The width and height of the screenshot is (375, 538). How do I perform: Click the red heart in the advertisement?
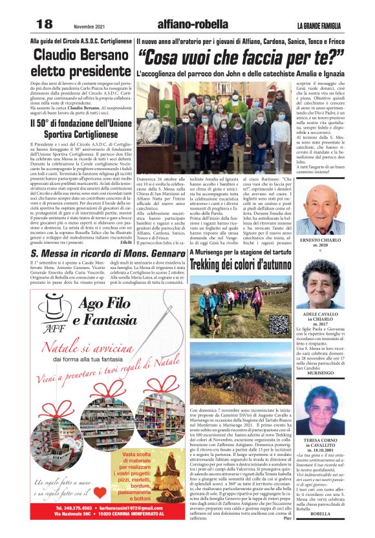100,491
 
